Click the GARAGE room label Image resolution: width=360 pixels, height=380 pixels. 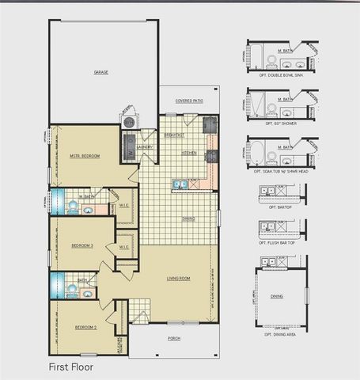coord(101,72)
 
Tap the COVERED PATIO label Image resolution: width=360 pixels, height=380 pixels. coord(189,101)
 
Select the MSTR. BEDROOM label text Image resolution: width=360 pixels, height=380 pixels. coord(85,156)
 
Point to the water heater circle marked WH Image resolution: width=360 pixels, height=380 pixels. coord(127,122)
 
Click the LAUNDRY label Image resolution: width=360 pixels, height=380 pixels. coord(145,146)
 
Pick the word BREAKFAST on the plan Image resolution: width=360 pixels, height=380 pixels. coord(175,135)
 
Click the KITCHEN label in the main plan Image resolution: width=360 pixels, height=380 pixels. coord(189,153)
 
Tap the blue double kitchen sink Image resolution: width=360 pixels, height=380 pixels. coord(180,185)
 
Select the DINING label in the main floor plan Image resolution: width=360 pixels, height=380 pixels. coord(189,218)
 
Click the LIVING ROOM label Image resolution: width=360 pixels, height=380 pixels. coord(179,279)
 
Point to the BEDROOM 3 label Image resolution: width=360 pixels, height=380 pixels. coord(82,245)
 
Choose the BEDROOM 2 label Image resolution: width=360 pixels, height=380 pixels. coord(85,327)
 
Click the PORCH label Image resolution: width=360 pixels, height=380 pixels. coord(173,338)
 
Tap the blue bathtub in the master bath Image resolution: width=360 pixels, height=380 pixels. coord(55,203)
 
